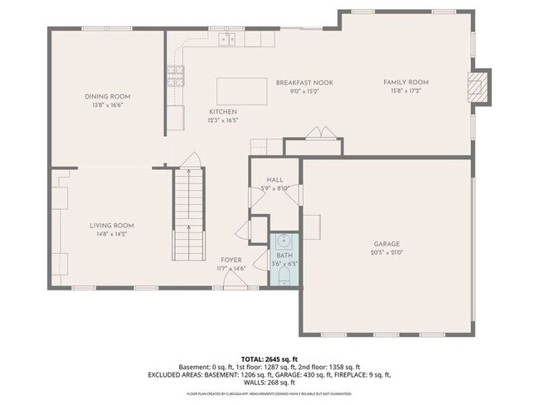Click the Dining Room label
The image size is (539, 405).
coord(108,96)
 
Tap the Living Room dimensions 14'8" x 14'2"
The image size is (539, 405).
coord(112,234)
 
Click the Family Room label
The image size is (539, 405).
coord(405,82)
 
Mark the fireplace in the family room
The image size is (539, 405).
coord(477,87)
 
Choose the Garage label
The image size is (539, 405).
coord(386,244)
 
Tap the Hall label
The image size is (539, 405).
coord(274,180)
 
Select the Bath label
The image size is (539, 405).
coord(284,256)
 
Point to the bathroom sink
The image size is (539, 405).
coord(284,242)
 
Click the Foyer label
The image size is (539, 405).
coord(231,261)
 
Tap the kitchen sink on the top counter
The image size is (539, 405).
coord(226,39)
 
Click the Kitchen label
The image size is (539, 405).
coord(223,111)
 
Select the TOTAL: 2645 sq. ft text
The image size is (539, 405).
coord(269,358)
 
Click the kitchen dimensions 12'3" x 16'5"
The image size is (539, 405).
coord(223,120)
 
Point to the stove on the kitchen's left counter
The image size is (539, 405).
coord(175,76)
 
